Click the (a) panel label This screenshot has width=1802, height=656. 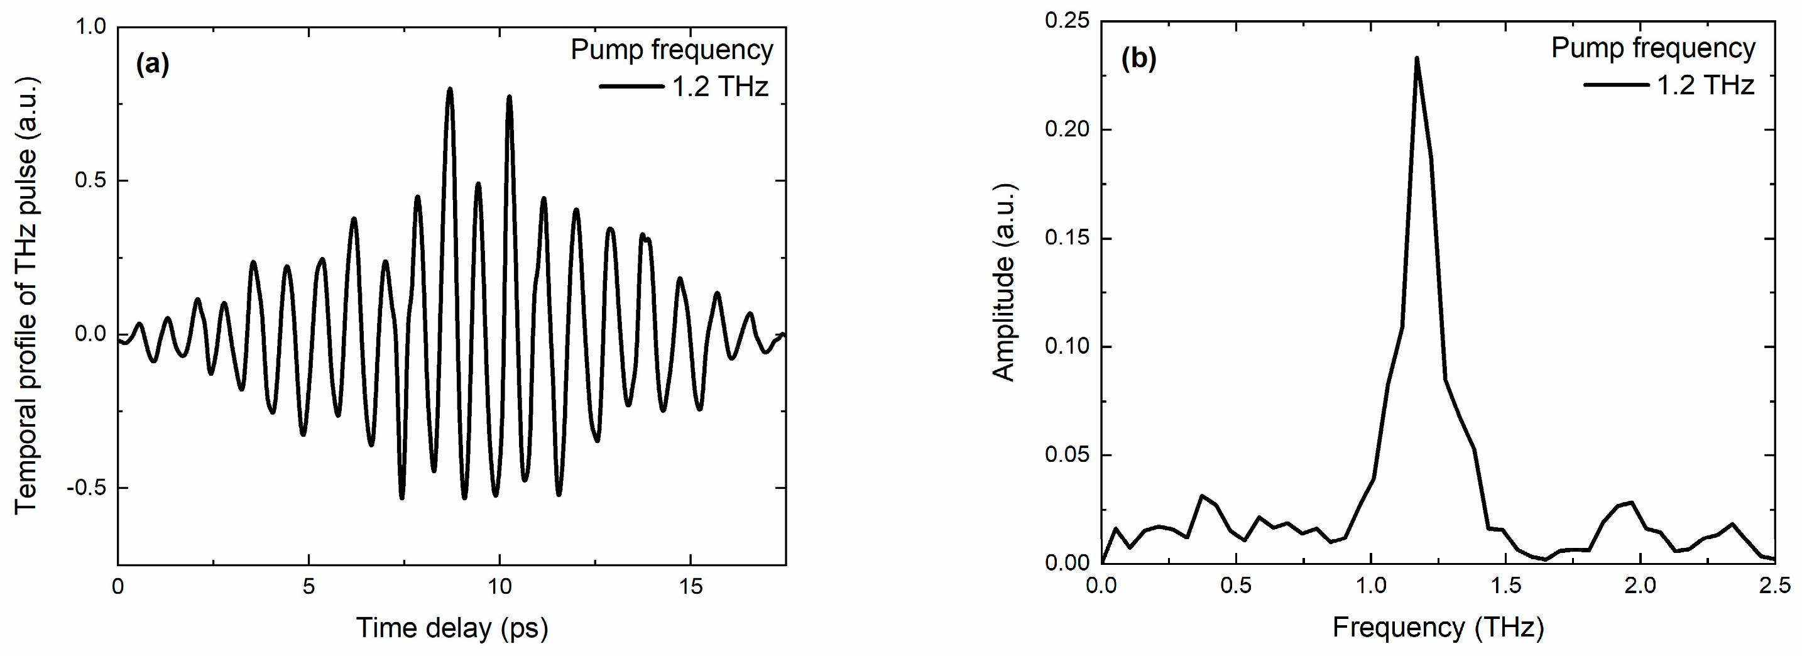[x=152, y=64]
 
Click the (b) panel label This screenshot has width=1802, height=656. [x=1138, y=58]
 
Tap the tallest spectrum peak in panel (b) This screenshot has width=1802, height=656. [x=1417, y=58]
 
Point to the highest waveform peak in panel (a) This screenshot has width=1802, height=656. [x=450, y=89]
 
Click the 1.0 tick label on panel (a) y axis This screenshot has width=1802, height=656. [x=90, y=27]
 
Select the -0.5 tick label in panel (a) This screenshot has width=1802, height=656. [x=86, y=488]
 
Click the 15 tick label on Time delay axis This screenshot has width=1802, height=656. [x=691, y=586]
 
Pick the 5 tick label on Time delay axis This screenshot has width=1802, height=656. [x=309, y=586]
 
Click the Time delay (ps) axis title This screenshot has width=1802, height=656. [x=452, y=627]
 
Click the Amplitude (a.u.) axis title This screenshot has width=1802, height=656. [x=1004, y=283]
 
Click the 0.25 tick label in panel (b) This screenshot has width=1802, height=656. [x=1067, y=21]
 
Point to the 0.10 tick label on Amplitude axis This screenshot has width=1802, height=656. [x=1067, y=346]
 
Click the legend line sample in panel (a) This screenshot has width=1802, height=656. [x=631, y=87]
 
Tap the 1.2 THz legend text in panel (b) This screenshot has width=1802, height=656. [x=1705, y=85]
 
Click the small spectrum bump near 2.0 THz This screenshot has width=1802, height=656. [x=1631, y=503]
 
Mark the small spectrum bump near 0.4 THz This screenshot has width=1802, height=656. [x=1202, y=496]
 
